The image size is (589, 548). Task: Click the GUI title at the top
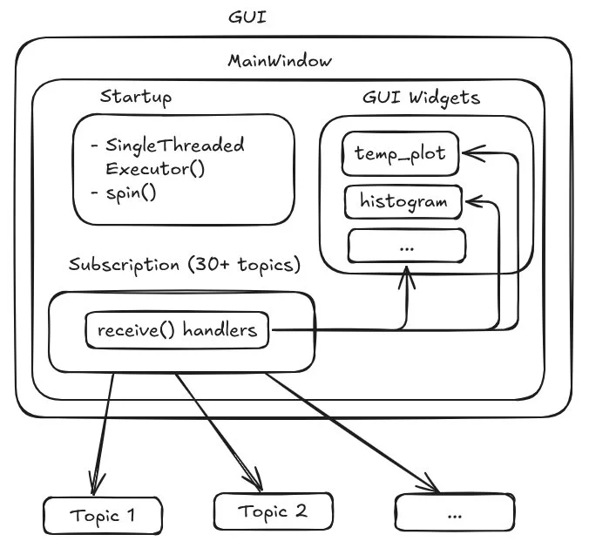tap(247, 17)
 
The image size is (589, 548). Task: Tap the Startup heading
tap(135, 96)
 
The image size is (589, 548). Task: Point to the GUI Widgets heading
tap(421, 97)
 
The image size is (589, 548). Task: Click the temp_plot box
tap(400, 154)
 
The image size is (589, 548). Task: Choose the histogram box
tap(403, 201)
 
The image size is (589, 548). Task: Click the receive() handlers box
tap(177, 330)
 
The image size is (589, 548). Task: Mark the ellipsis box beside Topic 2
tap(454, 514)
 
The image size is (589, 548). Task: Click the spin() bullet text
tap(130, 193)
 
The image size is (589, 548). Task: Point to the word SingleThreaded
tap(174, 145)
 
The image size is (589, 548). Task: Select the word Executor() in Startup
tap(154, 168)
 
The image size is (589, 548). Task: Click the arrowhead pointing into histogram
tap(471, 201)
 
